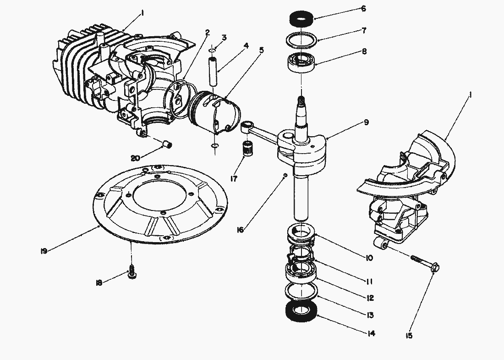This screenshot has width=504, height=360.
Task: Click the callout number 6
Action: click(363, 8)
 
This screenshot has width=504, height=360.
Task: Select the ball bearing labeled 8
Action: click(301, 62)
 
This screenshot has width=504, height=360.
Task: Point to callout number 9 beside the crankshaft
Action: click(367, 122)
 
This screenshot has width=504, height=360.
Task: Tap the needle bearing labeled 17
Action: click(248, 149)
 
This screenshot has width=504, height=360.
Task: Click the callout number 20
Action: click(135, 158)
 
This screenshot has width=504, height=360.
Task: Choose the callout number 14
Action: click(371, 334)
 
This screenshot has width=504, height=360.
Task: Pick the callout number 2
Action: click(208, 33)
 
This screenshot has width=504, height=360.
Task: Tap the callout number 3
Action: click(224, 37)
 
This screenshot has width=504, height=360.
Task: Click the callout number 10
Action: click(369, 258)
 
